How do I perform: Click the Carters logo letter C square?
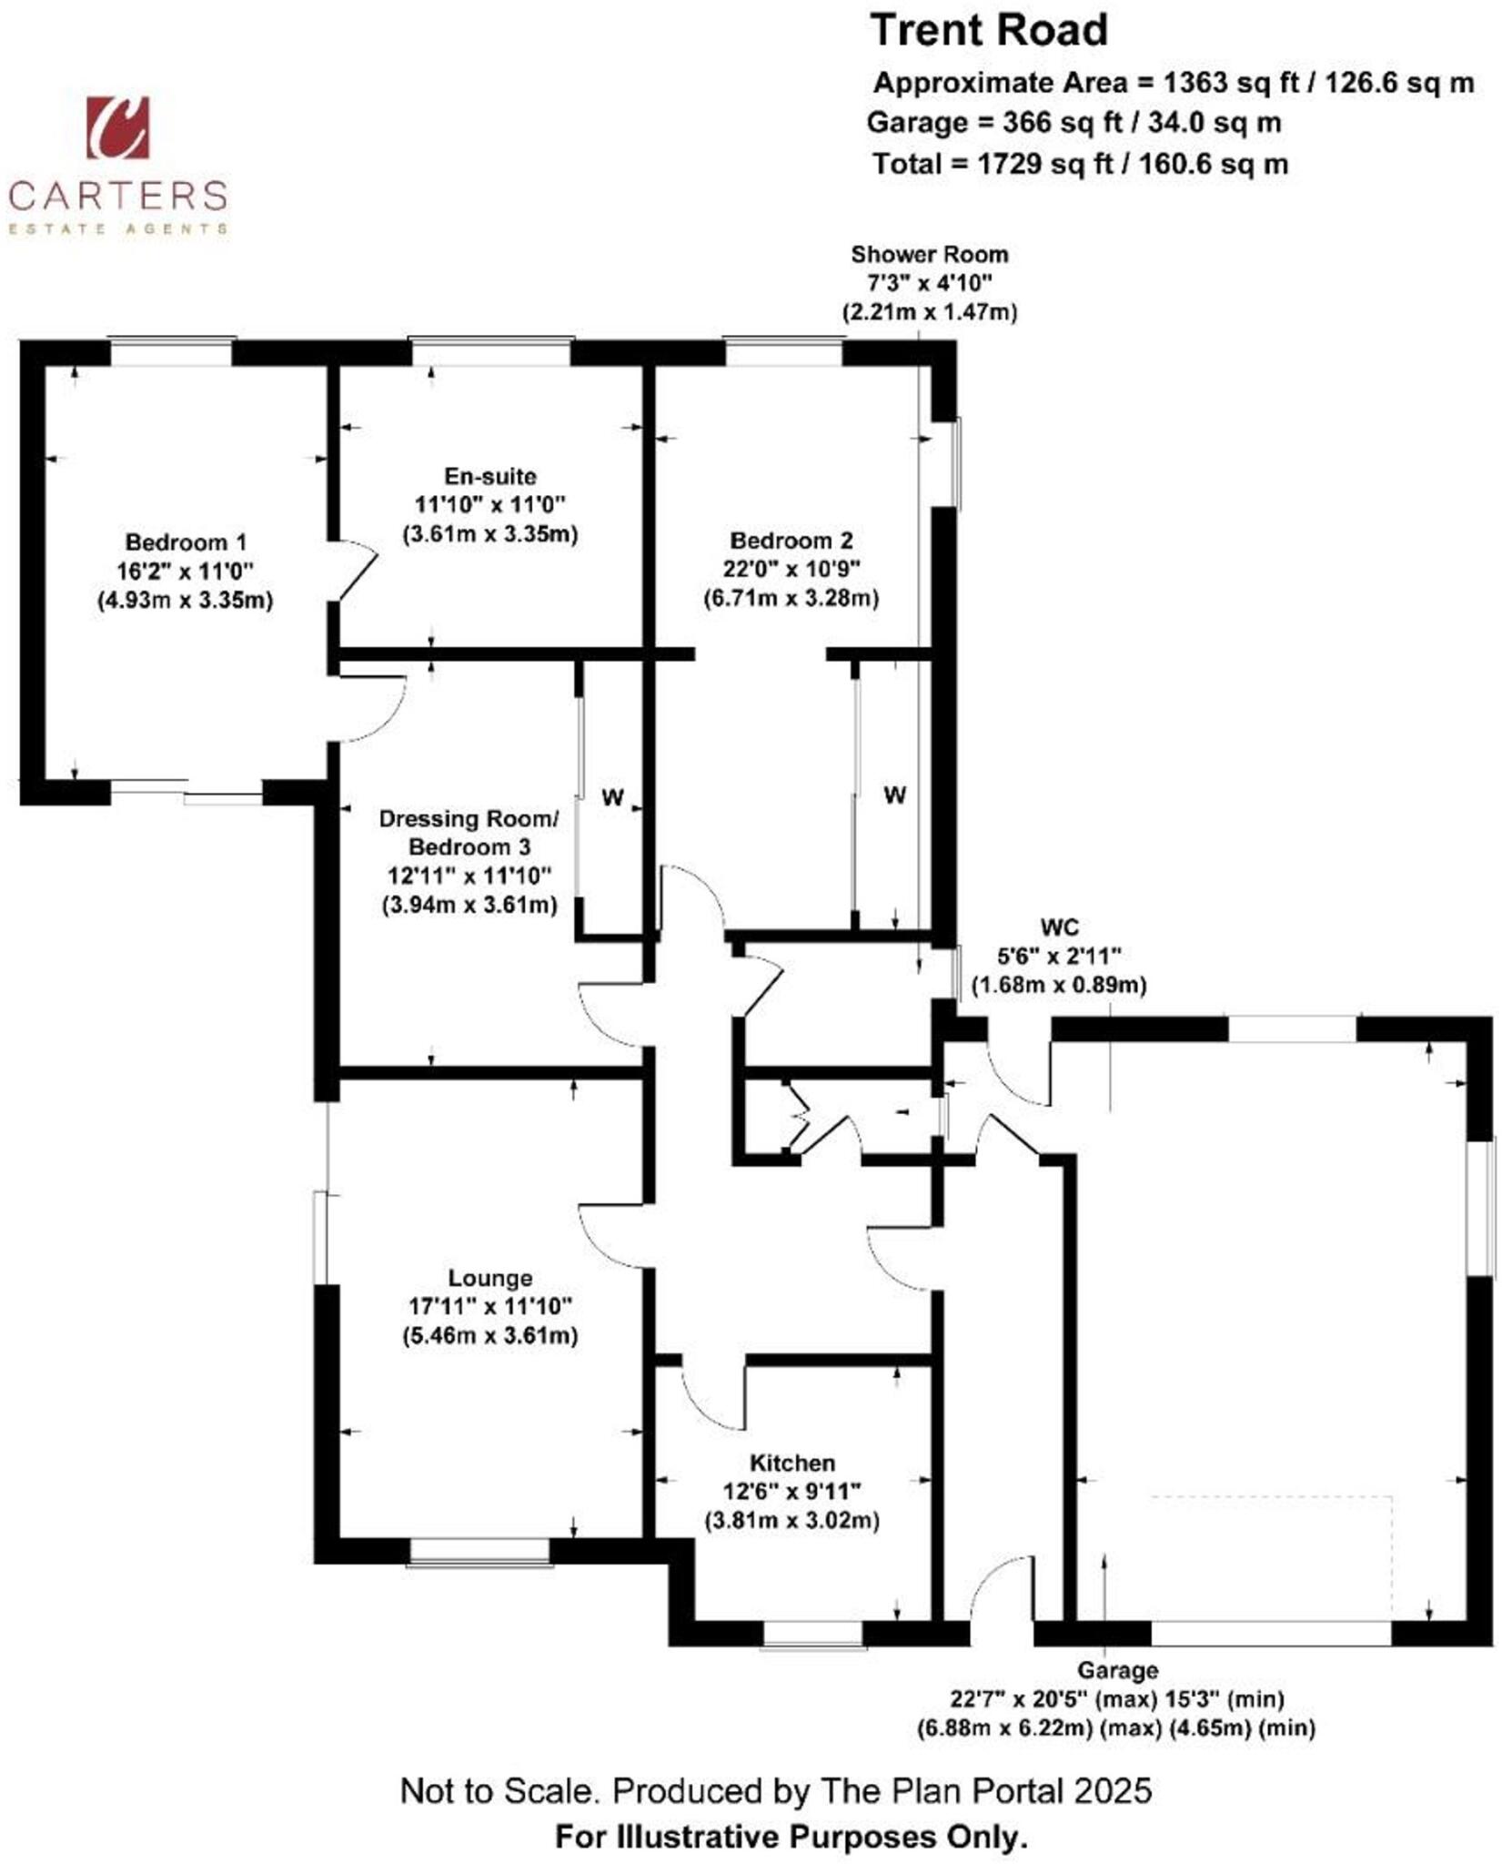(116, 127)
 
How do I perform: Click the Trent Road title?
(989, 31)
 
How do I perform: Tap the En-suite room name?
(490, 476)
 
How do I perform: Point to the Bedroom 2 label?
(791, 541)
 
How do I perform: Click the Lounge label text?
(490, 1278)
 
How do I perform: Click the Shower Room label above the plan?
(929, 255)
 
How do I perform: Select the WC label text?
(1059, 927)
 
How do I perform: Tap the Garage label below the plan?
(1117, 1670)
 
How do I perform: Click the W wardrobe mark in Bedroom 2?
(894, 795)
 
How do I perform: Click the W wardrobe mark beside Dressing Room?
(612, 798)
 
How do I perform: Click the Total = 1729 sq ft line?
(1080, 164)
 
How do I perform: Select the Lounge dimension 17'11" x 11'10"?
(490, 1306)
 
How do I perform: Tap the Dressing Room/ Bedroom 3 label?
(469, 833)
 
